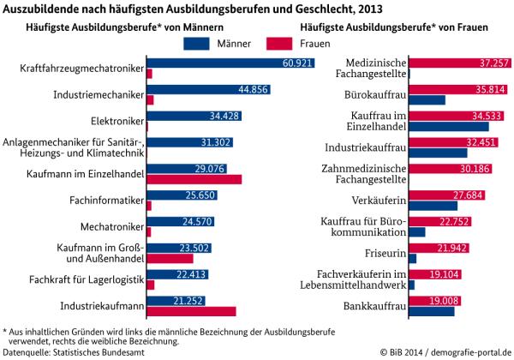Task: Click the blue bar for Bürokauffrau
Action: [427, 100]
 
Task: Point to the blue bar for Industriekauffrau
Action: [438, 153]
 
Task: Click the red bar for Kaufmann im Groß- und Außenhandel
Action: [170, 258]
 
